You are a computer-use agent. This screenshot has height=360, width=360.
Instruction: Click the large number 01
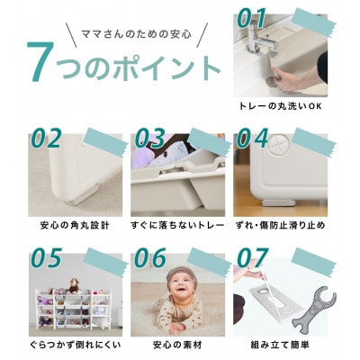[x=265, y=18]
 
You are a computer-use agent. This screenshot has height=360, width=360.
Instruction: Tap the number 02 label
[x=48, y=139]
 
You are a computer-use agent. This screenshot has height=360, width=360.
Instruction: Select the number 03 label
[x=151, y=139]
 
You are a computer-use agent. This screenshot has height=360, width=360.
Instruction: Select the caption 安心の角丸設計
[x=72, y=224]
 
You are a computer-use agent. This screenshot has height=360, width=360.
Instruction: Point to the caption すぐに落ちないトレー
[x=177, y=224]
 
